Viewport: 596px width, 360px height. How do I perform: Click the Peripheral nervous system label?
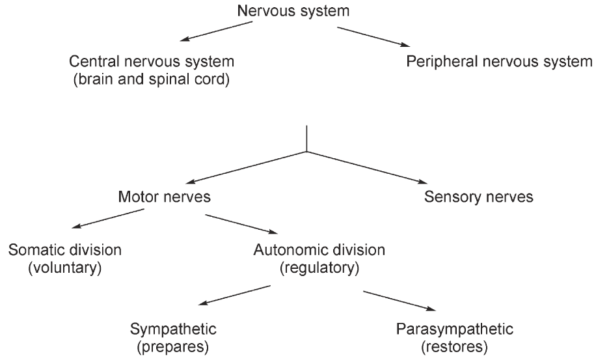click(x=498, y=62)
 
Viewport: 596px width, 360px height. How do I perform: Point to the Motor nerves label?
click(x=164, y=197)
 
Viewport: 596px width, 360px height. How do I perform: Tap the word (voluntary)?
click(x=65, y=267)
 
